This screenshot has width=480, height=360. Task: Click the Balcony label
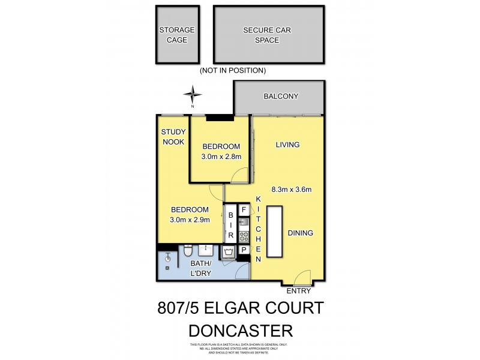(281, 97)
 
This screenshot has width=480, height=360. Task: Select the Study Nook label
(173, 137)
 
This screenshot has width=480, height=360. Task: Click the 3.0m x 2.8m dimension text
(221, 157)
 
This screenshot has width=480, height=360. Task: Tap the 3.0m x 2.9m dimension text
(190, 220)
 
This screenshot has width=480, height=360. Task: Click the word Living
(287, 145)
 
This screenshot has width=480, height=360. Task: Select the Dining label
(301, 233)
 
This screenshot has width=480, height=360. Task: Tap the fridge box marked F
(244, 210)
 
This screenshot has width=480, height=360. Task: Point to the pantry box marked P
(244, 249)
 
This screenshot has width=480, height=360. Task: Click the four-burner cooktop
(244, 235)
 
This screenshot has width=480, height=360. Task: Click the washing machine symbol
(229, 251)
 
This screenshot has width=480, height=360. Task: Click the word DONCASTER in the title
(240, 330)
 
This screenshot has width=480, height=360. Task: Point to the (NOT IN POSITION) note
(233, 70)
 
